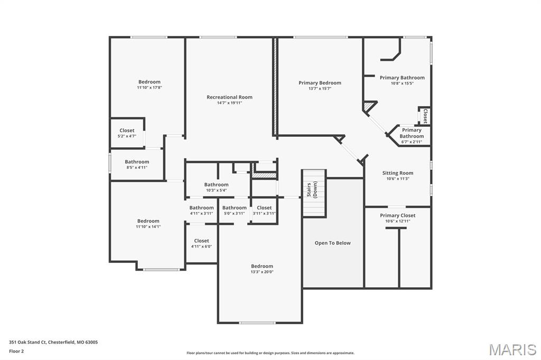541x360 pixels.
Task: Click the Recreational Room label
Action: coord(229,97)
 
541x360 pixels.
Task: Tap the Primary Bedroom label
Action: coord(320,83)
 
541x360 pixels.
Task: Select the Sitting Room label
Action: coord(398,173)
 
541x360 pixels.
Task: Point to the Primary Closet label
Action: coord(397,215)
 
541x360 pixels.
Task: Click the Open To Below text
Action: coord(332,243)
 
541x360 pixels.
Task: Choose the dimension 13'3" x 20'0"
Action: coord(262,272)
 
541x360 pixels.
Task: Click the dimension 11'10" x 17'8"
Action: coord(149,88)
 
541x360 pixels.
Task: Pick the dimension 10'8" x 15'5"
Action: coord(402,83)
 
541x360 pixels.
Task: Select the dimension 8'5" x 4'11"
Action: coord(137,167)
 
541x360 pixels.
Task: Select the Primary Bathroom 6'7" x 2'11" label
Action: coord(412,136)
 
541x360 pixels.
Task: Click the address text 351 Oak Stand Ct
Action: coord(53,342)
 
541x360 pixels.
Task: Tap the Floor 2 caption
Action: coord(17,350)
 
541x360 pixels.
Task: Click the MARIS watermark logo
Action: coord(512,349)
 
